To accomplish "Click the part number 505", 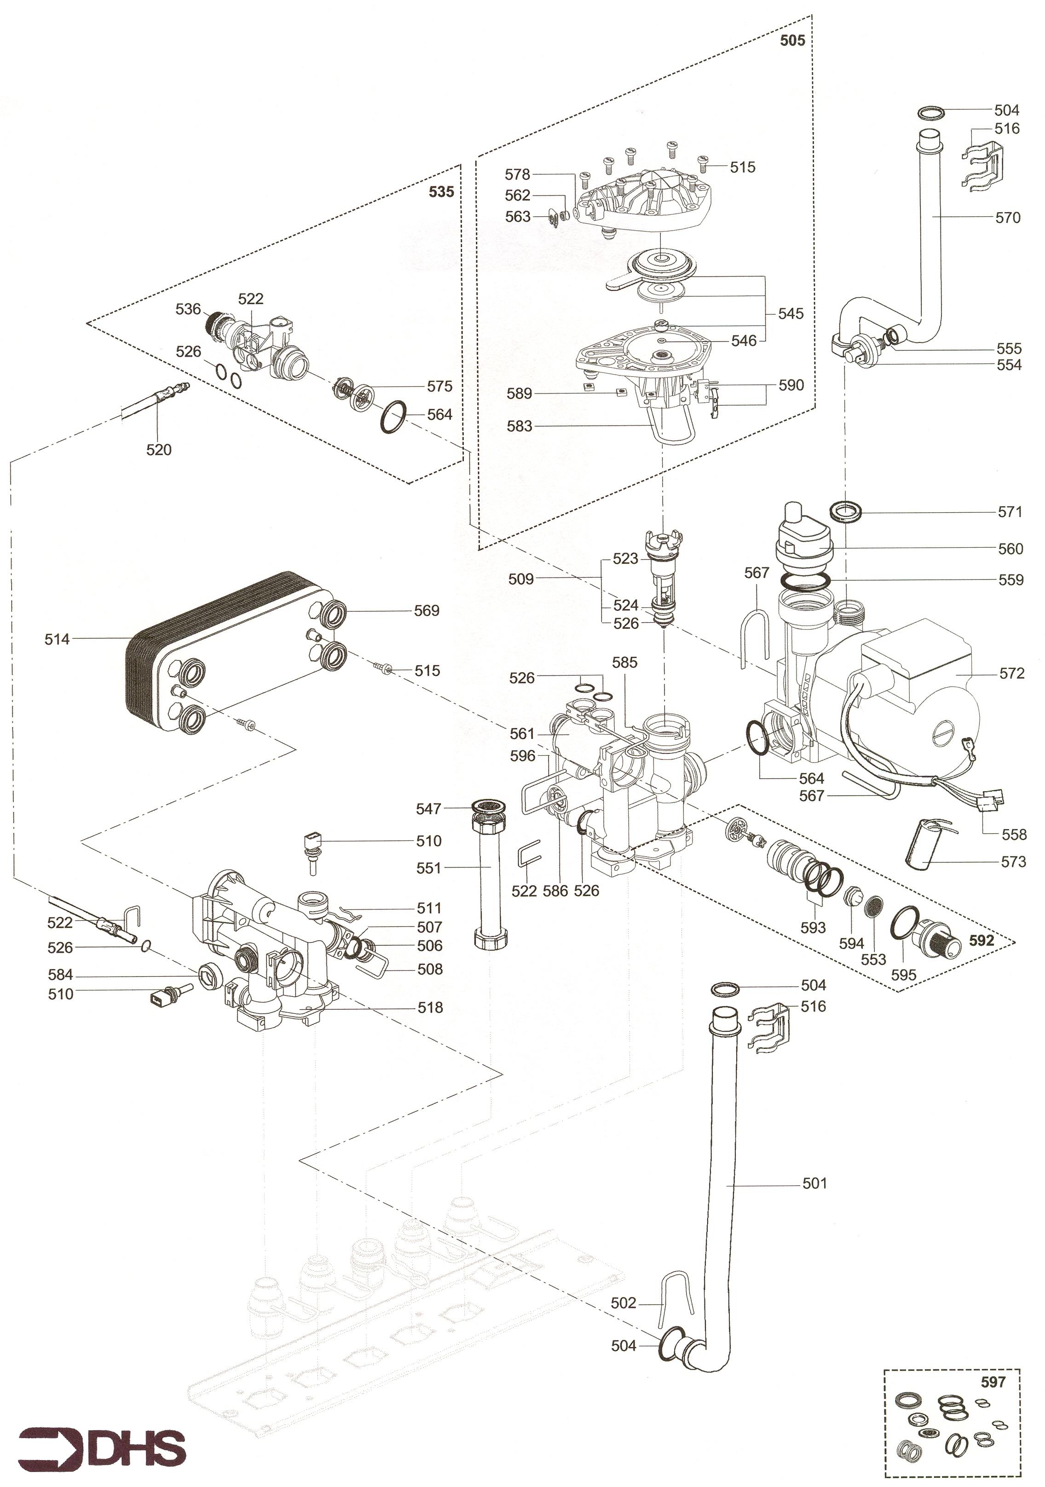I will (x=792, y=41).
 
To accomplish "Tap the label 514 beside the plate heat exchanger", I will (x=57, y=639).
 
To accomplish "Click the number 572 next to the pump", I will (x=1011, y=674).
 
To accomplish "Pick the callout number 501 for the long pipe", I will (x=814, y=1183).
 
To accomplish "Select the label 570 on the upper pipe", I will (x=1007, y=218).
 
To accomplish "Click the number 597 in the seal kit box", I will (x=993, y=1382).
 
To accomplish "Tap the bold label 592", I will (x=981, y=940).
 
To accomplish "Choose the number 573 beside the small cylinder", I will (x=1013, y=862).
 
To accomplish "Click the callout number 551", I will (x=428, y=868).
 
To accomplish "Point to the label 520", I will (x=159, y=450).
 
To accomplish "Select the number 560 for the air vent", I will (x=1010, y=549).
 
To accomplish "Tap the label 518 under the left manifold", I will (x=430, y=1007).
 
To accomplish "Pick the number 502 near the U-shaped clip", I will (x=624, y=1303).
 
